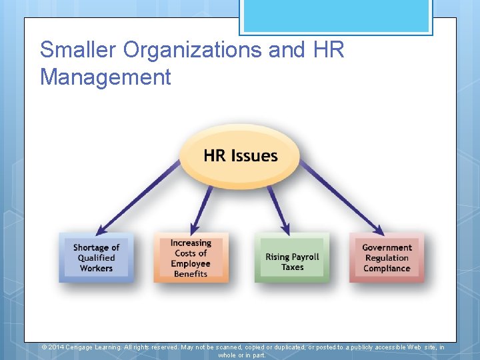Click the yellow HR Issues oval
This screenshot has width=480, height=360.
pyautogui.click(x=240, y=156)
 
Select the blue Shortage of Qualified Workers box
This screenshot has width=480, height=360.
pyautogui.click(x=96, y=257)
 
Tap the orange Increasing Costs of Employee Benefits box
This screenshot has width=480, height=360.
pyautogui.click(x=191, y=258)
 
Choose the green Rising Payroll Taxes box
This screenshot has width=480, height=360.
pyautogui.click(x=292, y=258)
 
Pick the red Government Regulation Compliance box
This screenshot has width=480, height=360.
pyautogui.click(x=387, y=257)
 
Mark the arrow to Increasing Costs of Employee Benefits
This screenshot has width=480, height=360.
pyautogui.click(x=201, y=208)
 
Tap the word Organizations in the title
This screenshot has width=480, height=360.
pyautogui.click(x=209, y=50)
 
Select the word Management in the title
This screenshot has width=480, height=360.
pyautogui.click(x=105, y=77)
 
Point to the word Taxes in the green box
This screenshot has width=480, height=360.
pyautogui.click(x=292, y=267)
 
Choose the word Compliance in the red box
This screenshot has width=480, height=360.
pyautogui.click(x=387, y=269)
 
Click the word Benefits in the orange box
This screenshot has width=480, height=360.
pyautogui.click(x=191, y=274)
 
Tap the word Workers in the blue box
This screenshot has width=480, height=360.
pyautogui.click(x=96, y=269)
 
